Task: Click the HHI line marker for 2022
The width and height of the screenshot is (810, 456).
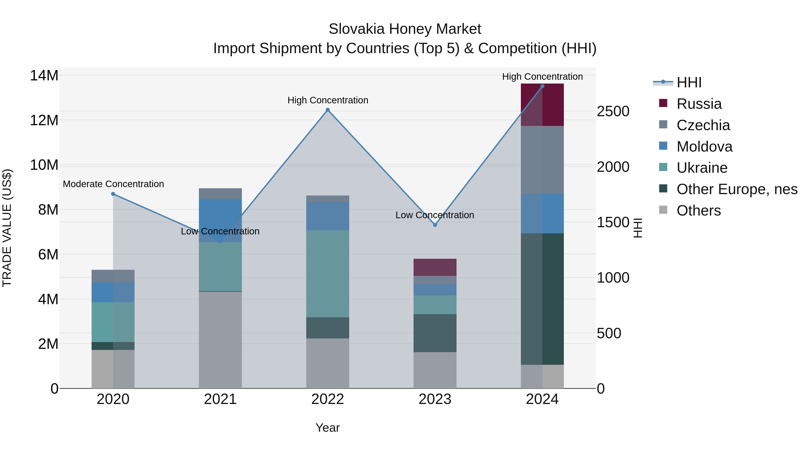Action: (328, 110)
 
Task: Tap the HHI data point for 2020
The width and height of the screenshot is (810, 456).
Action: (113, 194)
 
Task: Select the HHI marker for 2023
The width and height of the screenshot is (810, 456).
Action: (435, 225)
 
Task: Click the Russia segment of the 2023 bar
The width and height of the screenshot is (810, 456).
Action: (435, 267)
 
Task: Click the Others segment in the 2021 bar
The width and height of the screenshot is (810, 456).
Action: (220, 340)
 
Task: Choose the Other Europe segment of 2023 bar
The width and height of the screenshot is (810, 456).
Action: (435, 333)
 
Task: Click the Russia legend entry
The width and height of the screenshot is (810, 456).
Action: (699, 104)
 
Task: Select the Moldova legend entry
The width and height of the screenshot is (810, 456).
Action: (704, 147)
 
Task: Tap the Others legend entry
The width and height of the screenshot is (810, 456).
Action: (698, 211)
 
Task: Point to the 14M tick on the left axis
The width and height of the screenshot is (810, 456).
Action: (44, 76)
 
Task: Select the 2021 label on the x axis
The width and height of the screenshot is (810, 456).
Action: (220, 399)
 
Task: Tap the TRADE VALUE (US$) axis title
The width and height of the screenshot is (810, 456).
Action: (7, 228)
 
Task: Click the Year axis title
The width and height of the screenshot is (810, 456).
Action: (328, 428)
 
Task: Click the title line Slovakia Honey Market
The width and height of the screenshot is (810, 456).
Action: (405, 29)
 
